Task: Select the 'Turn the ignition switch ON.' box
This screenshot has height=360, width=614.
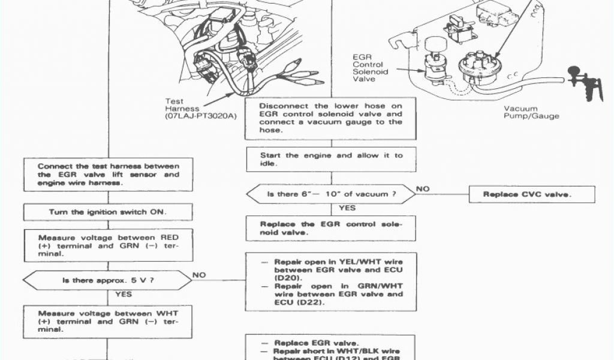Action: tap(108, 212)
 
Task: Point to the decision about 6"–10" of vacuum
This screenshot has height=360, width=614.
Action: tap(331, 194)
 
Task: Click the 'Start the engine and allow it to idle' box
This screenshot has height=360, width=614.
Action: tap(331, 160)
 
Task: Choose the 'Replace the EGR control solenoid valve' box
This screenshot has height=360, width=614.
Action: tap(331, 229)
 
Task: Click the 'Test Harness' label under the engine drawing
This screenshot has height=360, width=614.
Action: tap(174, 105)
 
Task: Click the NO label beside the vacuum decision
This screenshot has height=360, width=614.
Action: tap(423, 189)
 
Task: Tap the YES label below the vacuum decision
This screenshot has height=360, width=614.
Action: tap(347, 208)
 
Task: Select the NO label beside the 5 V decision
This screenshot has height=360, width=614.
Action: tap(200, 275)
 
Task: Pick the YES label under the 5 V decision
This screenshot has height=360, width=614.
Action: tap(124, 295)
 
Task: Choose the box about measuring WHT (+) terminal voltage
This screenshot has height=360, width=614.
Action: tap(108, 321)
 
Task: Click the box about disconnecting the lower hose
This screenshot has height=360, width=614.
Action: tap(331, 118)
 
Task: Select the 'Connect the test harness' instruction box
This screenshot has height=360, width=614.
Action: tap(108, 174)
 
